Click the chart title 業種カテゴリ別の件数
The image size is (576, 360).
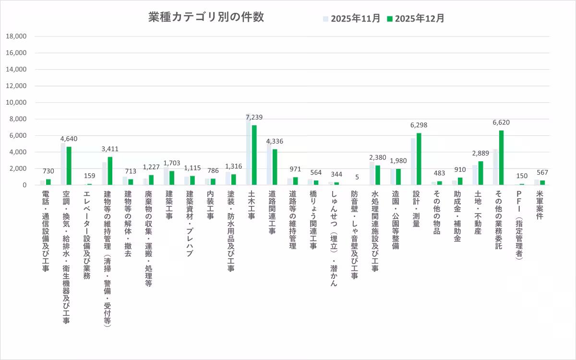(x=206, y=17)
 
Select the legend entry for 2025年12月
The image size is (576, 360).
(x=416, y=19)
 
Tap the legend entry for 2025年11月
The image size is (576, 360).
(x=351, y=19)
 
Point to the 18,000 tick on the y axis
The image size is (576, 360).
(x=17, y=36)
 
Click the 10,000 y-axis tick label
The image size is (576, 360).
(x=17, y=102)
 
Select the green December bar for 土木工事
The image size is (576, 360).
(x=254, y=155)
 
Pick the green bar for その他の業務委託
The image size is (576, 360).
(x=501, y=157)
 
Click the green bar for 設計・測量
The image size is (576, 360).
(x=419, y=159)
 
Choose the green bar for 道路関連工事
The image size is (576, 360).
(x=275, y=167)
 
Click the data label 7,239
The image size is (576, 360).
(x=254, y=117)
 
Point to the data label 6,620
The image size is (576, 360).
(x=501, y=122)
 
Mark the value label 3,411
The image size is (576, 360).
(x=110, y=149)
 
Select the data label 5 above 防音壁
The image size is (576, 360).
(x=357, y=177)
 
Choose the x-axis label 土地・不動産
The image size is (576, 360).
(x=478, y=212)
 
